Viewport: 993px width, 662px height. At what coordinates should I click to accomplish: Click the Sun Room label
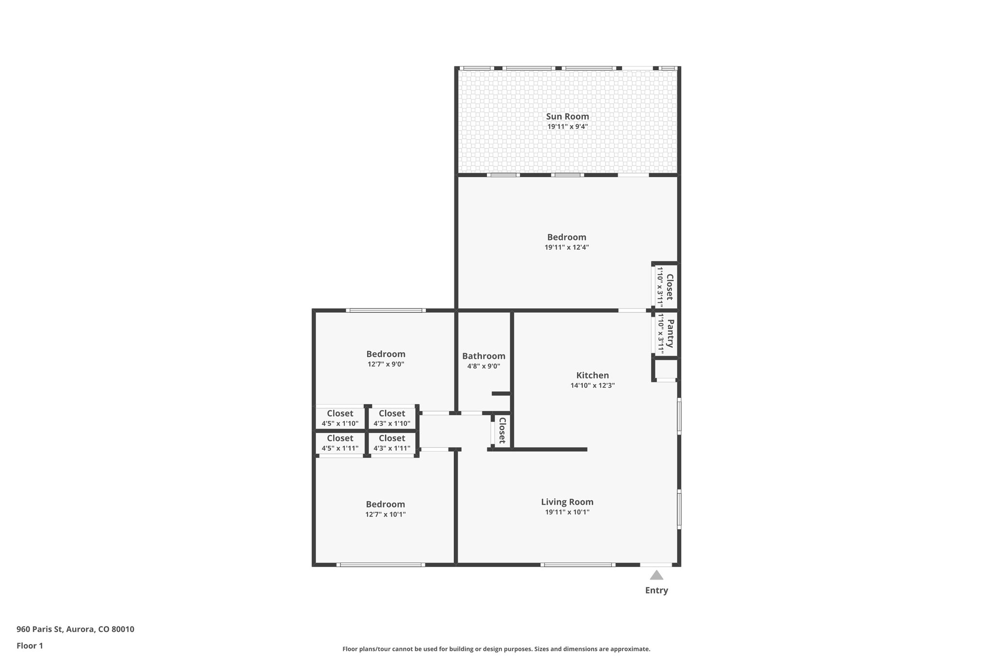click(567, 116)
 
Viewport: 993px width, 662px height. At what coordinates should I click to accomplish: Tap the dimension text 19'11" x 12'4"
click(566, 247)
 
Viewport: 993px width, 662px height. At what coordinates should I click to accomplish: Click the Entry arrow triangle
click(656, 575)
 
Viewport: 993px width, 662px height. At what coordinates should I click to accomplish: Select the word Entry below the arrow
click(656, 590)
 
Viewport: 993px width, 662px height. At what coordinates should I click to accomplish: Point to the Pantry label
click(670, 334)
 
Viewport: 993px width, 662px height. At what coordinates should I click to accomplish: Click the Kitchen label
click(592, 375)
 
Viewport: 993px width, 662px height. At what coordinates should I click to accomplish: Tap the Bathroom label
click(483, 356)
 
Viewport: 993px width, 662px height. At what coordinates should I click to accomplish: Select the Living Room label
click(567, 502)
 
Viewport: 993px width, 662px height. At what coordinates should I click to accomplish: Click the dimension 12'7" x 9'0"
click(385, 364)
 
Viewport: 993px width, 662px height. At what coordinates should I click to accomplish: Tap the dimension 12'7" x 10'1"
click(385, 515)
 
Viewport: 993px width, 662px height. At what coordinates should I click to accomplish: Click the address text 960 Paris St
click(75, 630)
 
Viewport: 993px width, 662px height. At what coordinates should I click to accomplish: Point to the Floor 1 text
click(30, 646)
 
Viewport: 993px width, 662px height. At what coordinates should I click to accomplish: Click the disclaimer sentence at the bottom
click(496, 649)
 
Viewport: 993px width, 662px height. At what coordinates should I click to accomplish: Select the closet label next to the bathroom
click(502, 430)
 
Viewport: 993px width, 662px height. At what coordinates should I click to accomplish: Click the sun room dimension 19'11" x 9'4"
click(567, 127)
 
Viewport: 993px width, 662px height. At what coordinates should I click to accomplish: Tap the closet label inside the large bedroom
click(670, 287)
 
